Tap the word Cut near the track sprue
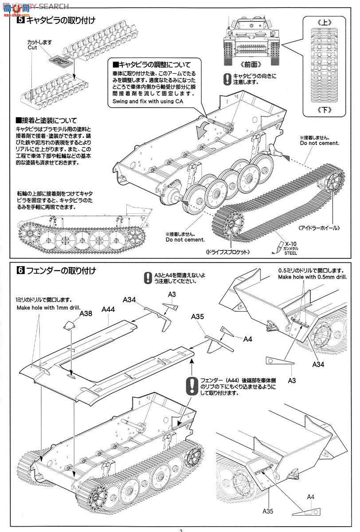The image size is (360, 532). (32, 47)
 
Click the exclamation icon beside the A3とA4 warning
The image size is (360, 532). (148, 278)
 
